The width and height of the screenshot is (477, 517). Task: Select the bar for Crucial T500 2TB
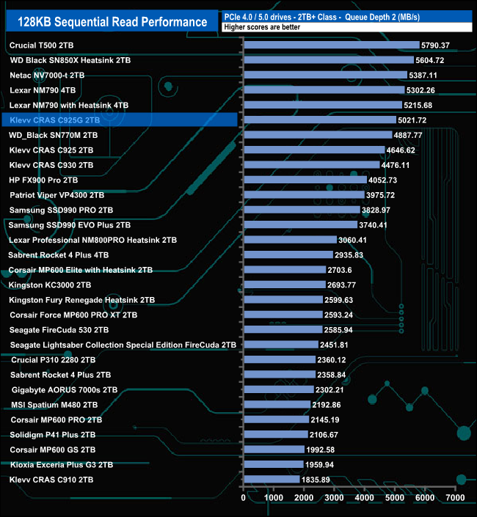[x=331, y=45]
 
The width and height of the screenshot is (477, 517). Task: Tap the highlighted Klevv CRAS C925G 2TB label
[x=51, y=120]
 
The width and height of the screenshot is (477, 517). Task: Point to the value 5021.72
[x=412, y=120]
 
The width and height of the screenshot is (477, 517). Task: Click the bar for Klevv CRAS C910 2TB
[x=271, y=480]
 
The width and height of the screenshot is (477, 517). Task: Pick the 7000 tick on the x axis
[x=456, y=498]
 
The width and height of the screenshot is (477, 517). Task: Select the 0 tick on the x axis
[x=244, y=498]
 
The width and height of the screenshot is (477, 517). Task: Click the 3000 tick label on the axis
[x=335, y=498]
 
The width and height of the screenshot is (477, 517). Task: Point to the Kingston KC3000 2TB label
[x=51, y=285]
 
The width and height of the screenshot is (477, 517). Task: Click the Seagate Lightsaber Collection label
[x=123, y=345]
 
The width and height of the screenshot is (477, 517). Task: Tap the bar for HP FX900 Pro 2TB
[x=305, y=180]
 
